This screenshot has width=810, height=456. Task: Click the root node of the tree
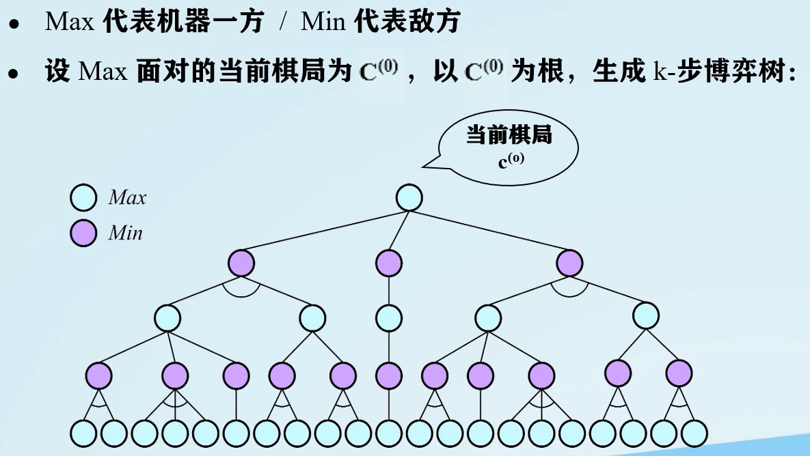pos(409,198)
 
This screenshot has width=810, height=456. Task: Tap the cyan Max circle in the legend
pos(83,198)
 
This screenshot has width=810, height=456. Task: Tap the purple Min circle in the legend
pos(83,233)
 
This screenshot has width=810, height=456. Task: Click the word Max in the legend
pos(127,199)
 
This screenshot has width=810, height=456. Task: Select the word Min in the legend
pos(126,233)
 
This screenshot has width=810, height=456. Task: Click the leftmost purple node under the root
pos(241,263)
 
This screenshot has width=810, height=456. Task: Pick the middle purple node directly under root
pos(389,263)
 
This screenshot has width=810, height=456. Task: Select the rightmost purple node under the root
pos(569,263)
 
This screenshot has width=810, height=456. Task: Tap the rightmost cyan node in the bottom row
pos(694,433)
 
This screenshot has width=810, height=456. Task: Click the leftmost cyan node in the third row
pos(167,317)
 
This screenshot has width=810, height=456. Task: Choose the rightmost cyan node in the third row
pos(646,315)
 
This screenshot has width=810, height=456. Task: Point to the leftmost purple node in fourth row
pos(99,375)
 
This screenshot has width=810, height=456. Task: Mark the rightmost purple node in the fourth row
pos(679,373)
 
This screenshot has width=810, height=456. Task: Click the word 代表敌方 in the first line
pos(407,23)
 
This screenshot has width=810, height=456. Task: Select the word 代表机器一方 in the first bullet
pos(183,23)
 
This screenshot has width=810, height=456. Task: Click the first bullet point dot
pos(13,25)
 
